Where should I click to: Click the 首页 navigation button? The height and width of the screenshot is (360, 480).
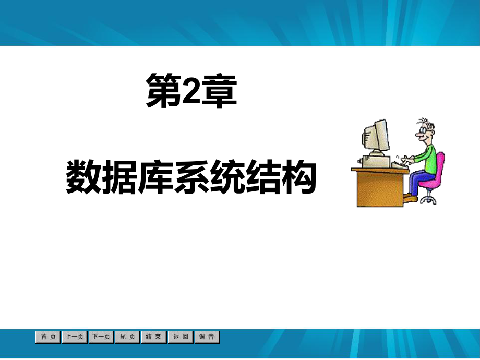coord(48,337)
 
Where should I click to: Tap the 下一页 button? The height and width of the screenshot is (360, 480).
coord(101,337)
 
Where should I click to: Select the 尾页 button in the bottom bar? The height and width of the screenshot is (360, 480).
coord(127,337)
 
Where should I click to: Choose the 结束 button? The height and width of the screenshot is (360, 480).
coord(154,337)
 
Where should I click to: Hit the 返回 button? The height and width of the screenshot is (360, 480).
coord(181,337)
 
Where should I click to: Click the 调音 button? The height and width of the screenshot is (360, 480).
coord(207,337)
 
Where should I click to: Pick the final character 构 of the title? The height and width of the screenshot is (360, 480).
coord(299,177)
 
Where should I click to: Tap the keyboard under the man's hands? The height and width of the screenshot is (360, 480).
coord(400,163)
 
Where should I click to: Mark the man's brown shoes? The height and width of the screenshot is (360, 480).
coord(411,198)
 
